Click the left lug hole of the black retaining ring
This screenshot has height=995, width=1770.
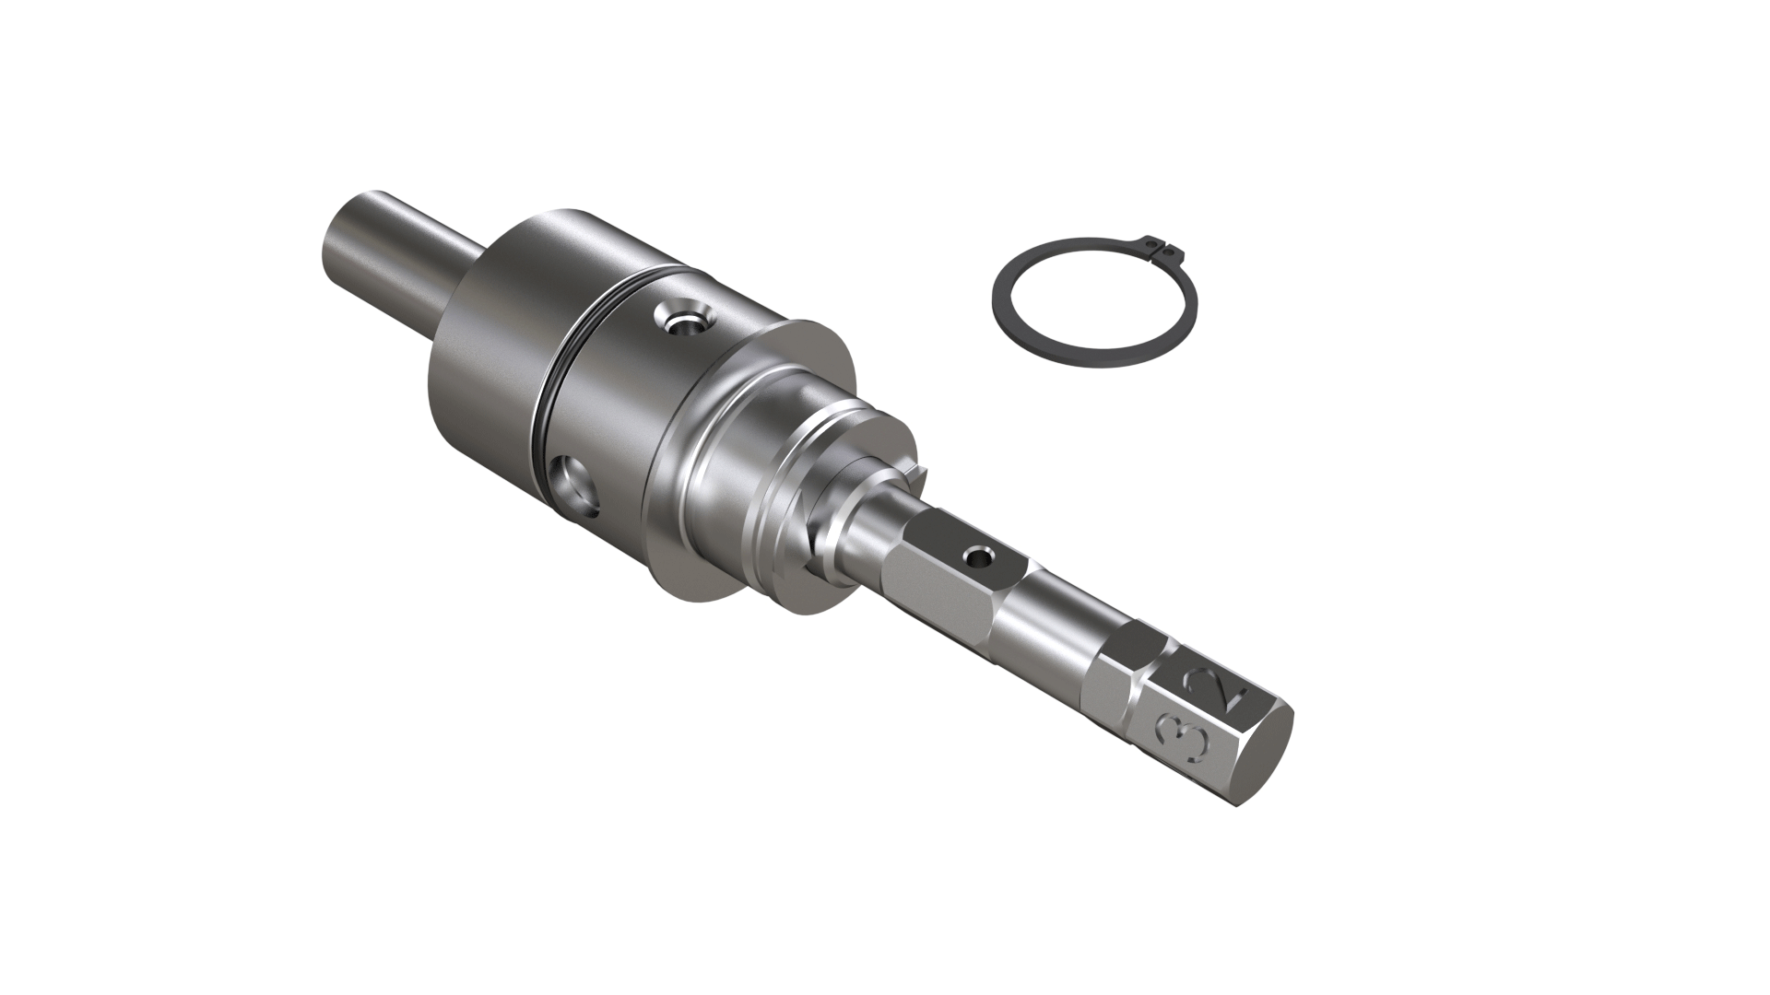[1150, 243]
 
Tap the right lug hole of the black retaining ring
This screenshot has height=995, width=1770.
[1169, 248]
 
